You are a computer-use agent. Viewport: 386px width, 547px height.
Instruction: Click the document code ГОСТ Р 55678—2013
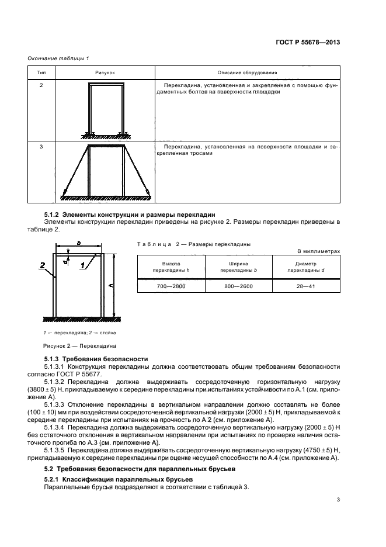[x=308, y=42]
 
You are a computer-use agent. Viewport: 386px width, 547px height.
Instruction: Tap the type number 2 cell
[x=41, y=86]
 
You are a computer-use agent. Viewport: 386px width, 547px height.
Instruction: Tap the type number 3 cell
[x=41, y=146]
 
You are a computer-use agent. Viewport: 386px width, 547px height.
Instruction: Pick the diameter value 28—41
[x=305, y=286]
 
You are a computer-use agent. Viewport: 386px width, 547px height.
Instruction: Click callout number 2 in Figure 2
[x=43, y=264]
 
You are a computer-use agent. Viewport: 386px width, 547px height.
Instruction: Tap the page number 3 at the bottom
[x=338, y=499]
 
